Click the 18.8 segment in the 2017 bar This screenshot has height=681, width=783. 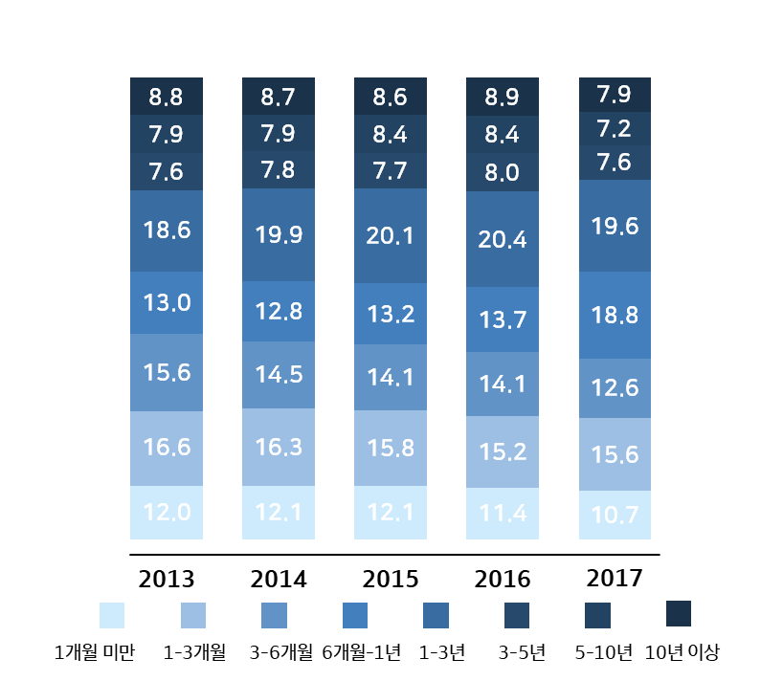pos(615,315)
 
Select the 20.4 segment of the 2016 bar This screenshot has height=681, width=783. pos(502,238)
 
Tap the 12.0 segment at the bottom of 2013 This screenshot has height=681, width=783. pos(167,512)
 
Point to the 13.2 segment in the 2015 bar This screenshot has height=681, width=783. pos(391,314)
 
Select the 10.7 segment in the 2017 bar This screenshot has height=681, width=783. pos(615,515)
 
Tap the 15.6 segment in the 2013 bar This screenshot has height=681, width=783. pos(167,372)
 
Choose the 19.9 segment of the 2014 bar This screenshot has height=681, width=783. pos(278,234)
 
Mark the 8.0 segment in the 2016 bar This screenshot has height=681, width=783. pos(502,173)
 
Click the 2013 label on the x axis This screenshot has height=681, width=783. pos(167,580)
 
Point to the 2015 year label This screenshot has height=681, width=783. pos(391,580)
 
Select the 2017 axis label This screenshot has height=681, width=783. pos(615,579)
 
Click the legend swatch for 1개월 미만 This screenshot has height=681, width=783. pos(112,615)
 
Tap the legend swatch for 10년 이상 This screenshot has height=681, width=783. pos(678,613)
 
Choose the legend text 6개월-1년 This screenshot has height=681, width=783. pos(362,653)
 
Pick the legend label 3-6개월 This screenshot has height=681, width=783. pos(280,653)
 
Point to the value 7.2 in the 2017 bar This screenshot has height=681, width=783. pos(615,128)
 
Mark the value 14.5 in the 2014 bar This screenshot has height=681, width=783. pos(278,375)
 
